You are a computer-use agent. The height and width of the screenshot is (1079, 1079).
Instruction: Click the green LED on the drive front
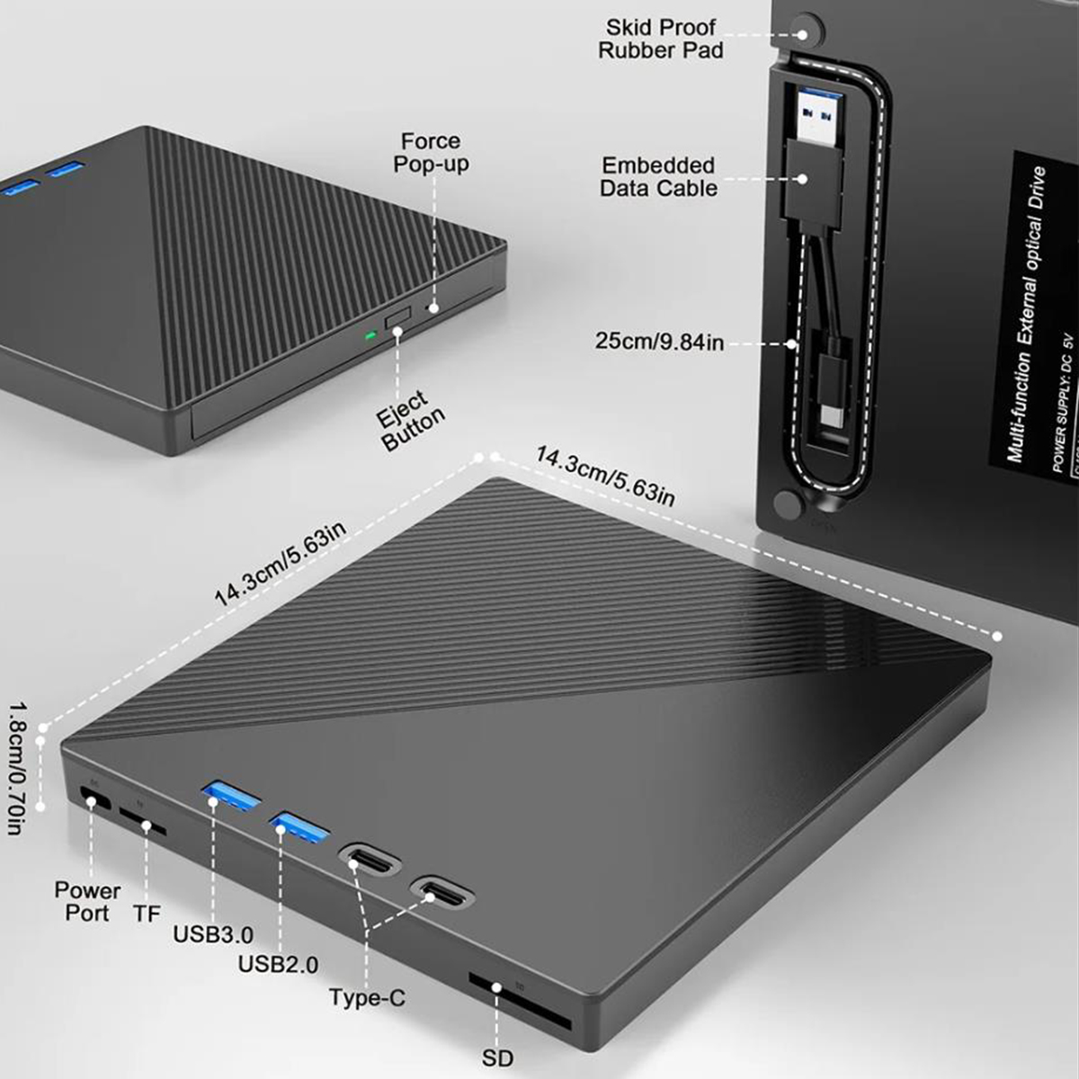[x=369, y=337]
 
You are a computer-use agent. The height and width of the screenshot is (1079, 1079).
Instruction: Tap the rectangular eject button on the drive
[x=397, y=320]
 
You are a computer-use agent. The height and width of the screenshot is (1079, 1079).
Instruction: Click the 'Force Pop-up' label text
[x=431, y=153]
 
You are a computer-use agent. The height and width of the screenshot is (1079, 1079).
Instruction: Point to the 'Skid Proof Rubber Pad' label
[x=661, y=39]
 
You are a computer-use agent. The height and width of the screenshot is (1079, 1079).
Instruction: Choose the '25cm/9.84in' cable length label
[x=659, y=342]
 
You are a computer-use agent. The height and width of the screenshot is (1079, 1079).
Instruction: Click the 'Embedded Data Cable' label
[x=659, y=177]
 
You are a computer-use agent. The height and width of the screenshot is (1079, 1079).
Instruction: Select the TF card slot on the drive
[x=143, y=822]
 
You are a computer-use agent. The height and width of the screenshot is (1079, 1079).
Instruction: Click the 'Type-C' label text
[x=367, y=997]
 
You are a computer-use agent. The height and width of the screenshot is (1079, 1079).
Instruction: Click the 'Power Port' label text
[x=87, y=901]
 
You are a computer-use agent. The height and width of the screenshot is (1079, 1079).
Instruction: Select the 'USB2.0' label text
[x=278, y=965]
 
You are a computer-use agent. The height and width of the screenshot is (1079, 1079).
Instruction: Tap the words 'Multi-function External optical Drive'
[x=1027, y=315]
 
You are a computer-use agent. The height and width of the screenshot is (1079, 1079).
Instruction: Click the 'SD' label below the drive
[x=497, y=1057]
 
